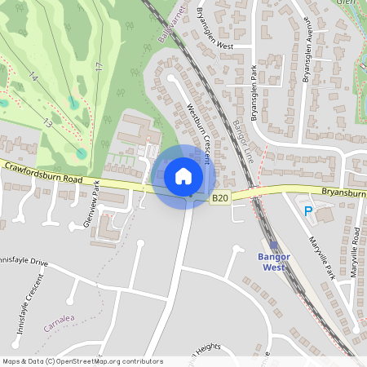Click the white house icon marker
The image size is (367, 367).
point(183,175)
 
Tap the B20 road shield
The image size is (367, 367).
point(219,197)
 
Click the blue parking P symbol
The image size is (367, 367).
point(308,211)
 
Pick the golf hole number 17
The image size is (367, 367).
point(98,64)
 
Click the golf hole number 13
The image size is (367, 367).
point(48,122)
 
